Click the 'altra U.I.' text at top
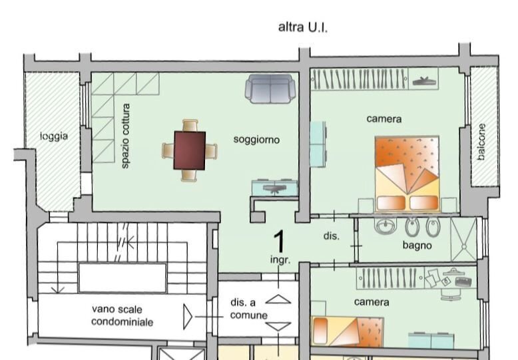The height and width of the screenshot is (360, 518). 303,28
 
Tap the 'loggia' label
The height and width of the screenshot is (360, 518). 53,136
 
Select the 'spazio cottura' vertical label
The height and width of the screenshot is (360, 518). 125,135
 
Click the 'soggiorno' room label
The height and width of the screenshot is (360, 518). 256,140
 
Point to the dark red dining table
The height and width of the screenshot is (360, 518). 190,150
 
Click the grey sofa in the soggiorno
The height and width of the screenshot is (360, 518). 270,89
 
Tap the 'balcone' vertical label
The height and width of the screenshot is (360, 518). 481,142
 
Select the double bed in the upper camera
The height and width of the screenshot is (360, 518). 407,173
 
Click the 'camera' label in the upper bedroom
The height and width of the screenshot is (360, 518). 384,119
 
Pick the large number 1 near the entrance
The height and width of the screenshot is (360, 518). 280,240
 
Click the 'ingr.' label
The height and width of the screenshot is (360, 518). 280,260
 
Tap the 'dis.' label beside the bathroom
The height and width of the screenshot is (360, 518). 332,236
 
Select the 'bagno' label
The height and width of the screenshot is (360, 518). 417,246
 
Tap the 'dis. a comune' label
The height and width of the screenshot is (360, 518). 249,309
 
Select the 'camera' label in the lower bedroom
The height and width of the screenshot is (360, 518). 372,302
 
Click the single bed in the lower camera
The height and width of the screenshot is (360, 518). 348,331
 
